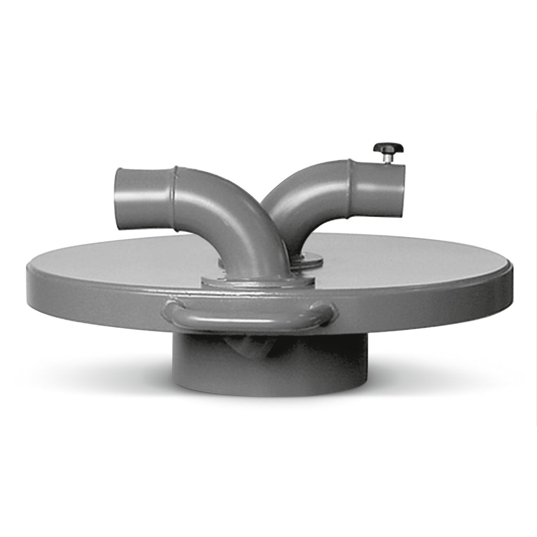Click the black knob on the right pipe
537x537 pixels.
[388, 149]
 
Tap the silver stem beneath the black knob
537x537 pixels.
[388, 159]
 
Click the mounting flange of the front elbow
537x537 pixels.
[257, 281]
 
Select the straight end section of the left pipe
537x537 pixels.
[144, 199]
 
